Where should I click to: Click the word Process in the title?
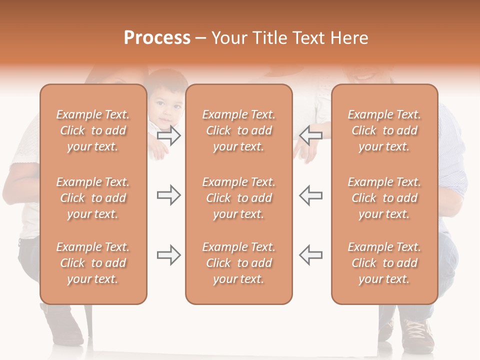[x=157, y=38]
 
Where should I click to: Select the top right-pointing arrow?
[x=169, y=135]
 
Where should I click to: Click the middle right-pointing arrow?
[x=169, y=195]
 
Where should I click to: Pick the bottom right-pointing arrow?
[x=169, y=255]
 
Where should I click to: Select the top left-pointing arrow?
[x=310, y=135]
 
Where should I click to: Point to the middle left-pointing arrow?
[x=310, y=195]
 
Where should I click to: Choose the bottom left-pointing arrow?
[x=310, y=255]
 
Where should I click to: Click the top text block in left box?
[x=93, y=130]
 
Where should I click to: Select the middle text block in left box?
[x=93, y=198]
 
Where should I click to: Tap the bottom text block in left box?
[x=93, y=263]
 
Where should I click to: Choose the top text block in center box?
[x=239, y=130]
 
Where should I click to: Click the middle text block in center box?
[x=239, y=198]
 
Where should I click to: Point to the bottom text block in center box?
[x=239, y=263]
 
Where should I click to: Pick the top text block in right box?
[x=384, y=130]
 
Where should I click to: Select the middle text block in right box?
[x=384, y=198]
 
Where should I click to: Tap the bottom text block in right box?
[x=384, y=263]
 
